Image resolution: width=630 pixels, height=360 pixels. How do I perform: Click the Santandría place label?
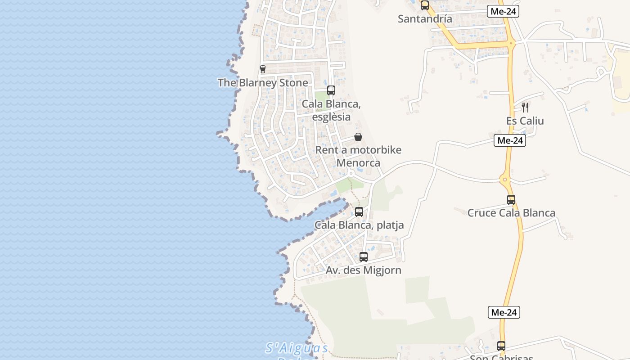(425, 19)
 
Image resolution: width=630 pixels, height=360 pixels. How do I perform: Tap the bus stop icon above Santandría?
(424, 5)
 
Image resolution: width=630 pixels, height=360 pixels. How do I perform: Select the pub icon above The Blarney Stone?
(263, 69)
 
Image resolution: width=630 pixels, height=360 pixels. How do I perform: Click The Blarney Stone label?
(263, 83)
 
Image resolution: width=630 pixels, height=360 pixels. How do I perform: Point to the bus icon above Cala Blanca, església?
(331, 90)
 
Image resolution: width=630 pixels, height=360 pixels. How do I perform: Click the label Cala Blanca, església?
(331, 110)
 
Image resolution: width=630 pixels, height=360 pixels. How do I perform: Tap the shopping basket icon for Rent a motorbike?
(358, 137)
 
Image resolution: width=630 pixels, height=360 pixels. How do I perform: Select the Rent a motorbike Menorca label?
(358, 156)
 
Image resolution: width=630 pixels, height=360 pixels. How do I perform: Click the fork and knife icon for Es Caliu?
(525, 108)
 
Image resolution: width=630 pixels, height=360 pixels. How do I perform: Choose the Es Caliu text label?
(525, 121)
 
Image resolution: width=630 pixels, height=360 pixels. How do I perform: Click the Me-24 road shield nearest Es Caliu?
(510, 140)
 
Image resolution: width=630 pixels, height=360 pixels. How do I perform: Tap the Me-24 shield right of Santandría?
(503, 12)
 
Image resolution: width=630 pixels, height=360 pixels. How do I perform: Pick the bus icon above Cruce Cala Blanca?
(511, 200)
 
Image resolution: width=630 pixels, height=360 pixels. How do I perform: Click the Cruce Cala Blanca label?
(511, 213)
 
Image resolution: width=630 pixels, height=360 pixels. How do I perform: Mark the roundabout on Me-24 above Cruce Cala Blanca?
(506, 180)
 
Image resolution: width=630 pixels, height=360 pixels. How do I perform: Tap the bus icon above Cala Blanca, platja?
(359, 212)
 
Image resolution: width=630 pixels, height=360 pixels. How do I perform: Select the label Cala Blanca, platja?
(359, 225)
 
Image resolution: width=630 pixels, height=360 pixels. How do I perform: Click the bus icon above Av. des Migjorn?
(364, 257)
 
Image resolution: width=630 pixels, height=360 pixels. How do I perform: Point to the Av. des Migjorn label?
(364, 270)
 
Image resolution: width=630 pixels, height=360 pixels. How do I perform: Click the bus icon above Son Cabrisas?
(501, 346)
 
